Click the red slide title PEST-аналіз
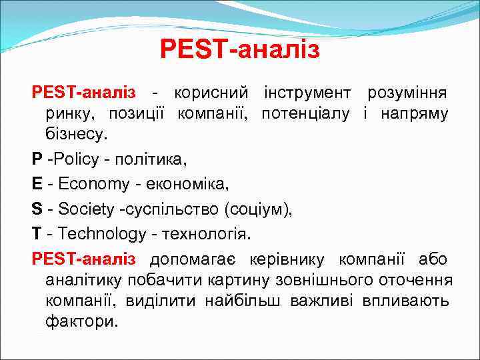tap(240, 49)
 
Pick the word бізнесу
tap(75, 135)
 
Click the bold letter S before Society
tap(37, 210)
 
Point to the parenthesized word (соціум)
tap(259, 210)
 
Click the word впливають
tap(405, 301)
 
